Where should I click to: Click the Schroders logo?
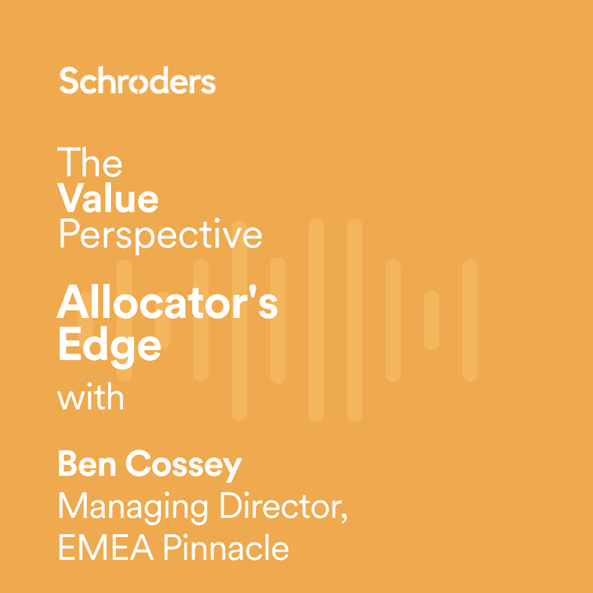click(x=137, y=81)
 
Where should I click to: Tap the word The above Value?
click(x=89, y=162)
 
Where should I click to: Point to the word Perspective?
click(x=160, y=234)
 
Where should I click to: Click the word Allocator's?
click(x=167, y=304)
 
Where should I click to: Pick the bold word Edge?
click(x=109, y=345)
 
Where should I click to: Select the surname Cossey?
click(x=184, y=466)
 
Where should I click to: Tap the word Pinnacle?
click(x=226, y=547)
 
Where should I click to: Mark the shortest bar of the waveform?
click(x=432, y=320)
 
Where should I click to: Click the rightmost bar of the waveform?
click(x=470, y=320)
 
